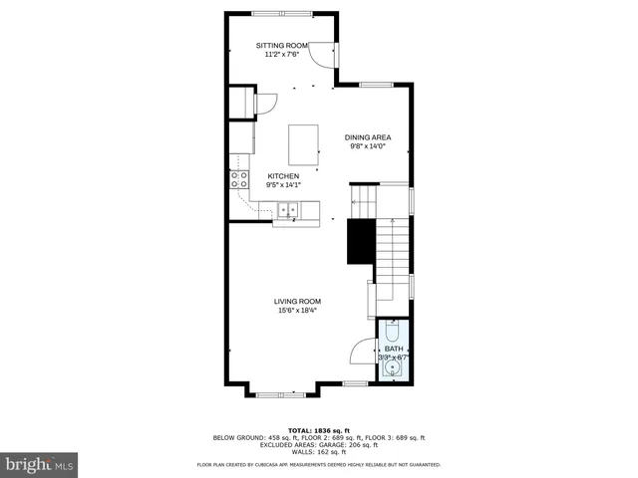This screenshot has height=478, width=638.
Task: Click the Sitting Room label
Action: pos(282,46)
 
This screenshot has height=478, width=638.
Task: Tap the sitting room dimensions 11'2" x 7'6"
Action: pos(282,55)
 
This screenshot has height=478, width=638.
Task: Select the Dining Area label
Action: pos(367,137)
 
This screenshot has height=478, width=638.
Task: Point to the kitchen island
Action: pos(304,144)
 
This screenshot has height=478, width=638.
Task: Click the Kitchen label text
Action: pos(282,175)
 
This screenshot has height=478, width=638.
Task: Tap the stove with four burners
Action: pos(239,179)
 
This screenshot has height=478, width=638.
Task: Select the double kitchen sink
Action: pos(289,210)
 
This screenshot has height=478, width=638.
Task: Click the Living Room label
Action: pos(298,301)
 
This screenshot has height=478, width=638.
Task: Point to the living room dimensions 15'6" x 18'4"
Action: pos(298,310)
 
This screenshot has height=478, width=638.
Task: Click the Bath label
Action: pos(393,349)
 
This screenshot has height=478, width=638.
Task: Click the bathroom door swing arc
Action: pos(361,351)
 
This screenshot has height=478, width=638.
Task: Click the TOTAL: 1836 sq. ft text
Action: pos(319,430)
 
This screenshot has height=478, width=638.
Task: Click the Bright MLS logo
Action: pos(40,463)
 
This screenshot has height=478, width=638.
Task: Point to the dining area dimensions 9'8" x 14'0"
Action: pos(367,146)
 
